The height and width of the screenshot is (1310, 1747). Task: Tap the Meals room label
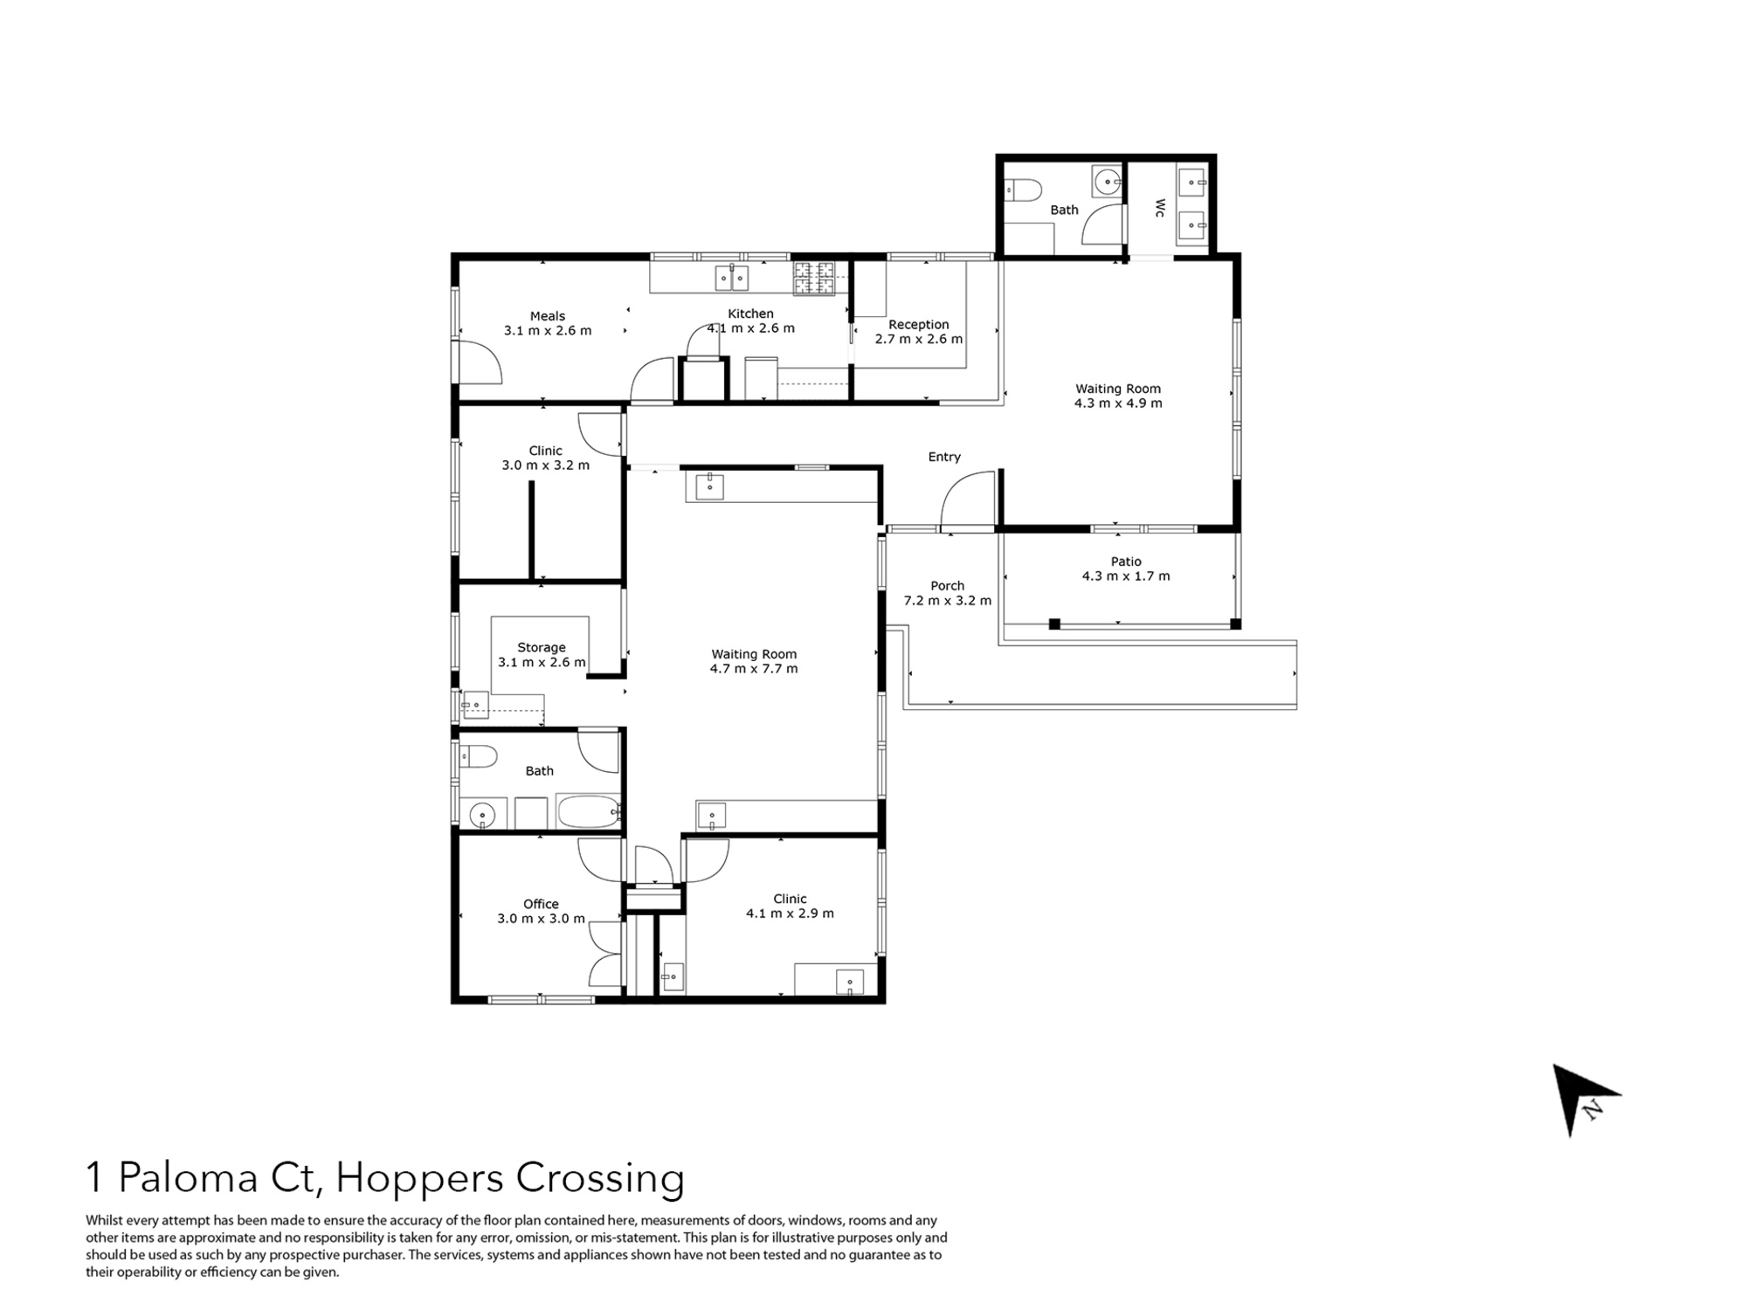tap(548, 316)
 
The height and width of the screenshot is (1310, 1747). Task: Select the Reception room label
tap(918, 324)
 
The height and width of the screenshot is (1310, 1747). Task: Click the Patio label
tap(1126, 562)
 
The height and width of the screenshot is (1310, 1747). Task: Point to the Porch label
tap(947, 586)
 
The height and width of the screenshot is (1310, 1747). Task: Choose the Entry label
tap(944, 457)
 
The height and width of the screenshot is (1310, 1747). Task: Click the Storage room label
tap(542, 647)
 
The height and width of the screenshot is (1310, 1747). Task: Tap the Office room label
tap(541, 904)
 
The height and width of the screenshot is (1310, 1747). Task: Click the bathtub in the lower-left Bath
tap(588, 811)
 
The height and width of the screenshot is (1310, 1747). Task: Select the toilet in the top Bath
tap(1023, 190)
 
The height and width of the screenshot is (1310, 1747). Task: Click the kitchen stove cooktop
tap(814, 279)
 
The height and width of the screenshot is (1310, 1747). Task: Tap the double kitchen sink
tap(732, 278)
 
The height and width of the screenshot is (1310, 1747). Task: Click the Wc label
tap(1160, 208)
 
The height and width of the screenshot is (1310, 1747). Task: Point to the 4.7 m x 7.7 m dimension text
tap(754, 669)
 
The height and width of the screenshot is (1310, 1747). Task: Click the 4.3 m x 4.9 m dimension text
tap(1118, 403)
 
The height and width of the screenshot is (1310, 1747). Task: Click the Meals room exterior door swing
tap(479, 360)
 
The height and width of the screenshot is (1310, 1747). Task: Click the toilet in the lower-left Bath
tap(478, 755)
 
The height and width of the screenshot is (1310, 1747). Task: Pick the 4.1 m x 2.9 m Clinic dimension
tap(790, 914)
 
